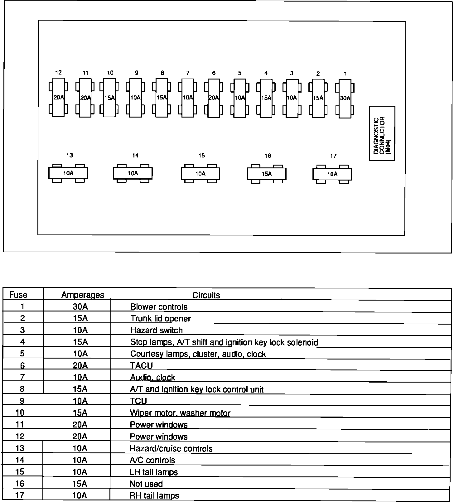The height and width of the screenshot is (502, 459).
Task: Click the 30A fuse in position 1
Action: coord(345,98)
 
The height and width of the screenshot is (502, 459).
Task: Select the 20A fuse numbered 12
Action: coord(58,98)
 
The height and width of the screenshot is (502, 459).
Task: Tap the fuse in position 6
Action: coord(214,98)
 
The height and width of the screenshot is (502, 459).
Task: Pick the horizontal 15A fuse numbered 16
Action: coord(267,174)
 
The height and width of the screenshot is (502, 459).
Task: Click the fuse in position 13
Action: coord(68,173)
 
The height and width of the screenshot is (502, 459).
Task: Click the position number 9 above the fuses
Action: coord(137,73)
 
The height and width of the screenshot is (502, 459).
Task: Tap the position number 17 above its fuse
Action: coord(333,156)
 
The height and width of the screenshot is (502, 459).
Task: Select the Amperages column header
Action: coord(83,295)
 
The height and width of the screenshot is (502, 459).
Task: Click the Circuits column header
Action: coord(206,295)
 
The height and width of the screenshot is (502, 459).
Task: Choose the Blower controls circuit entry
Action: coord(159,307)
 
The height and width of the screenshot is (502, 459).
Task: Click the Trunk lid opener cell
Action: coord(160,318)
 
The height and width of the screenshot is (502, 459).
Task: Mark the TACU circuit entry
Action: coord(141,365)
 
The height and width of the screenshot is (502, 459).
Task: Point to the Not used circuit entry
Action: coord(146,484)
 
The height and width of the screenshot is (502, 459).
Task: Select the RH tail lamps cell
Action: coord(154,495)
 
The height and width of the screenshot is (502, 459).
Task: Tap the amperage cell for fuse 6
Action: coord(80,365)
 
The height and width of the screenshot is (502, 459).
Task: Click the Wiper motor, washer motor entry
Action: coord(180,413)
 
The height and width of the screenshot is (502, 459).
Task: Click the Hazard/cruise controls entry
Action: coord(171,448)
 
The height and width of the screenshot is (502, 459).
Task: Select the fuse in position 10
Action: coord(109,98)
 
